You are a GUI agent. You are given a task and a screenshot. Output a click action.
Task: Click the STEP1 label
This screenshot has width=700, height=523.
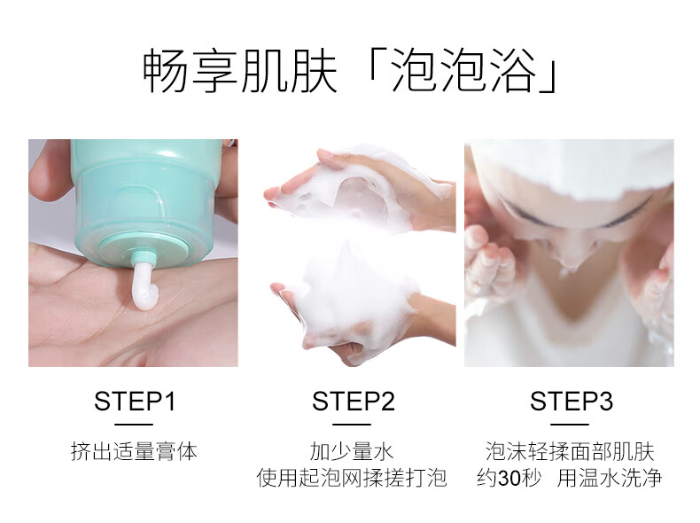coord(135,401)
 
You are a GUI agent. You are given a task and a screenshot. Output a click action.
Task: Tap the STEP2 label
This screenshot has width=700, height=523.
coord(354,401)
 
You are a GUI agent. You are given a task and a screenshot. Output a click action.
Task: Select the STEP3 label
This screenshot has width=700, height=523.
coord(571,401)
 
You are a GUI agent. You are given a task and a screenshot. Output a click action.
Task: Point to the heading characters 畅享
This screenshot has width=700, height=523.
coord(191,71)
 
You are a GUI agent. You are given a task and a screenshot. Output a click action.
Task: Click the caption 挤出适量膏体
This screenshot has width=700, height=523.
coord(134,451)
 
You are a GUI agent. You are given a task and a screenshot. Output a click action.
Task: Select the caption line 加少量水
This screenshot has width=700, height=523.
coord(352,451)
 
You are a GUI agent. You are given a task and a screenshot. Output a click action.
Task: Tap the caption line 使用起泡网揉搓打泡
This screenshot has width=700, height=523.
coord(352,478)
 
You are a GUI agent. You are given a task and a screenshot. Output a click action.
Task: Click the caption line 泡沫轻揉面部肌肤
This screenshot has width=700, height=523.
coord(570,451)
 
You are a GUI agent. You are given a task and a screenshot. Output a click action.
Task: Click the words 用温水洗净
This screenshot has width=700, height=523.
coord(610,478)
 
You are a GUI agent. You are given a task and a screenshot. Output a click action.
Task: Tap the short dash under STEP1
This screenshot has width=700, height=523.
coord(134,425)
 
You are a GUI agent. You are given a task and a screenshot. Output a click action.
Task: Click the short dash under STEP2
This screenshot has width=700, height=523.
coord(352,425)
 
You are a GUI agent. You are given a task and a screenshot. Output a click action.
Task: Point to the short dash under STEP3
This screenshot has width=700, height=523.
coord(570,425)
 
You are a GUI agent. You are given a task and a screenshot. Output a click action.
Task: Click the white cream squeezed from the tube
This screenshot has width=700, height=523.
coord(142,288)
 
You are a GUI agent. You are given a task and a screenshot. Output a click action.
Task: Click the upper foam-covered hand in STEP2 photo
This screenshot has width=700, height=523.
coord(357,188)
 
